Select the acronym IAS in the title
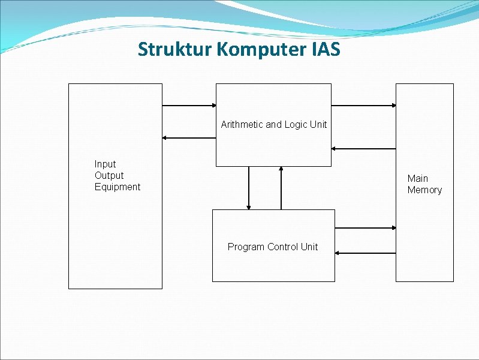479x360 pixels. (326, 49)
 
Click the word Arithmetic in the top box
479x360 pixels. (242, 125)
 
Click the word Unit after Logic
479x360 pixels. (318, 125)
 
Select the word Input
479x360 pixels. (105, 164)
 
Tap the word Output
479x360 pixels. (109, 175)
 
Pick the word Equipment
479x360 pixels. (118, 187)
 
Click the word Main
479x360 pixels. (418, 178)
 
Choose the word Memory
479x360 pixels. (424, 190)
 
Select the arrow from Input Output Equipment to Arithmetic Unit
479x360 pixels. (189, 106)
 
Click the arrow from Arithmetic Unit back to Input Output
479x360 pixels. (189, 137)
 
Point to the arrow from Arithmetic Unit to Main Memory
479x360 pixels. (363, 106)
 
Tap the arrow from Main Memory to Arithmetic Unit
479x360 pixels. (363, 148)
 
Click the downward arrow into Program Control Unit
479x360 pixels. (249, 188)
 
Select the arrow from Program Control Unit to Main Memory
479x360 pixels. (365, 228)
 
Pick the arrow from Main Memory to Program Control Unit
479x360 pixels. (365, 253)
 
